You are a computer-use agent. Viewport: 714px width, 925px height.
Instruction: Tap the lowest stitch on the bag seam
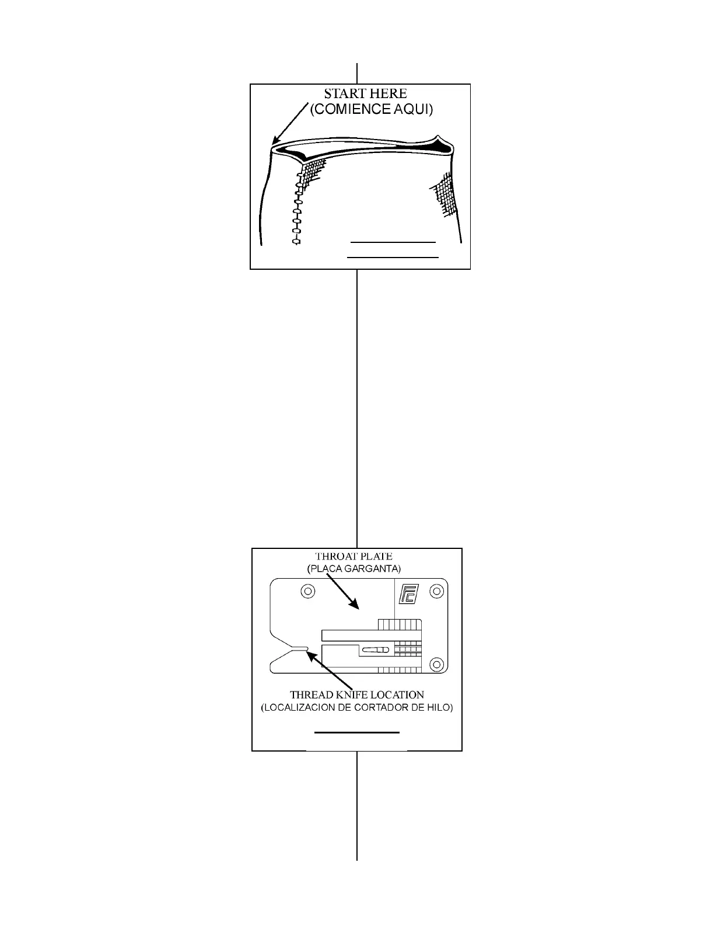click(x=296, y=240)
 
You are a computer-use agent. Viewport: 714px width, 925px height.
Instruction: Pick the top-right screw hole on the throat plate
click(x=436, y=591)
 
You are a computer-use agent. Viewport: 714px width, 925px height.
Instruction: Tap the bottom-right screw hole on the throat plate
click(x=436, y=663)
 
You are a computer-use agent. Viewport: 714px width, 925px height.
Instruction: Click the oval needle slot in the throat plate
click(x=374, y=650)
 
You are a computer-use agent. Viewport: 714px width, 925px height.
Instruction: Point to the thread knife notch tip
click(x=306, y=648)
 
